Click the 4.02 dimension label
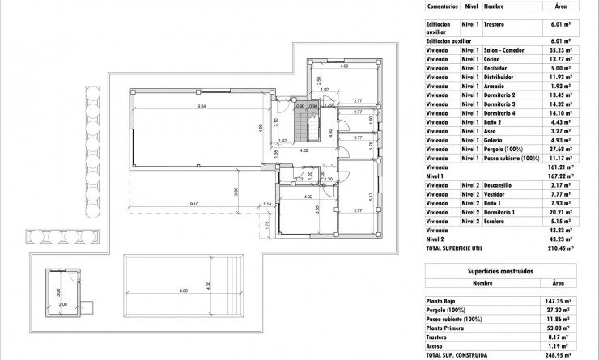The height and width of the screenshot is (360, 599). [x=308, y=197]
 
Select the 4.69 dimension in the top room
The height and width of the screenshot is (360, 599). [x=344, y=66]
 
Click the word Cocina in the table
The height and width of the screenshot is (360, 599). [x=493, y=60]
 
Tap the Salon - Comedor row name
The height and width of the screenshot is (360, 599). [x=504, y=50]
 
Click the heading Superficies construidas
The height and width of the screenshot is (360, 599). [x=500, y=273]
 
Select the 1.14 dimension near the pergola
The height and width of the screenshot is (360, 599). [x=268, y=204]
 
